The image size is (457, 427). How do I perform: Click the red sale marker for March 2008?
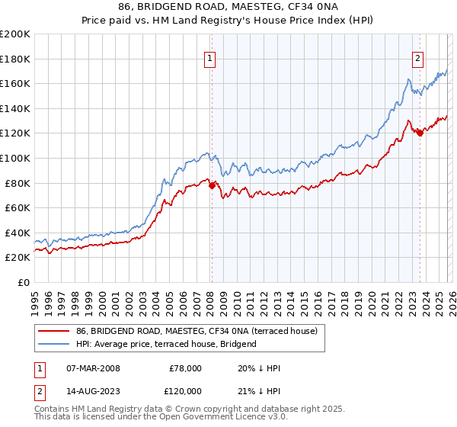coord(212,185)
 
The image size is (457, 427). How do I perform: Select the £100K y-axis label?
coord(15,158)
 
